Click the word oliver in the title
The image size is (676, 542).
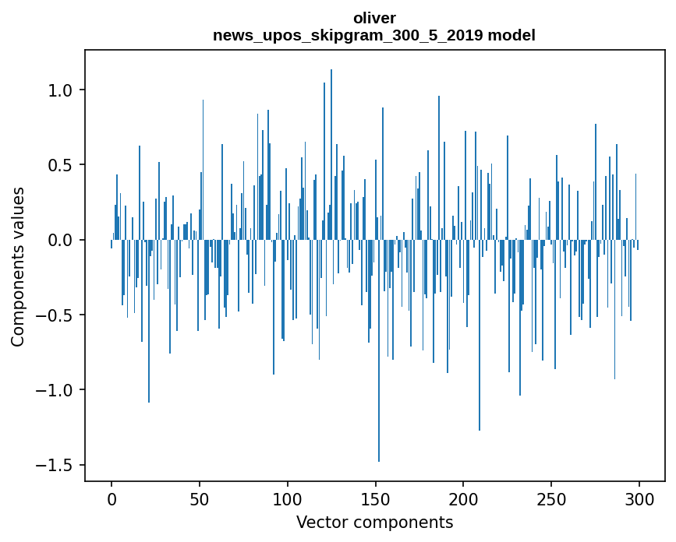point(374,18)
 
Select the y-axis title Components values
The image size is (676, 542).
point(17,266)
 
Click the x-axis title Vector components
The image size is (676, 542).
point(374,522)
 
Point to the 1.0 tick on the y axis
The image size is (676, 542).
point(62,90)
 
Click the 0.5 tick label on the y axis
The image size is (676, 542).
point(62,165)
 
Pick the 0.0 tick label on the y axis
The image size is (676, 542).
point(62,240)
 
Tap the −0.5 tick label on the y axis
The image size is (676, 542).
point(56,315)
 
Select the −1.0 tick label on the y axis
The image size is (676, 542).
point(56,390)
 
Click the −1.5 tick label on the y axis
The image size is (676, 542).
point(56,465)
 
